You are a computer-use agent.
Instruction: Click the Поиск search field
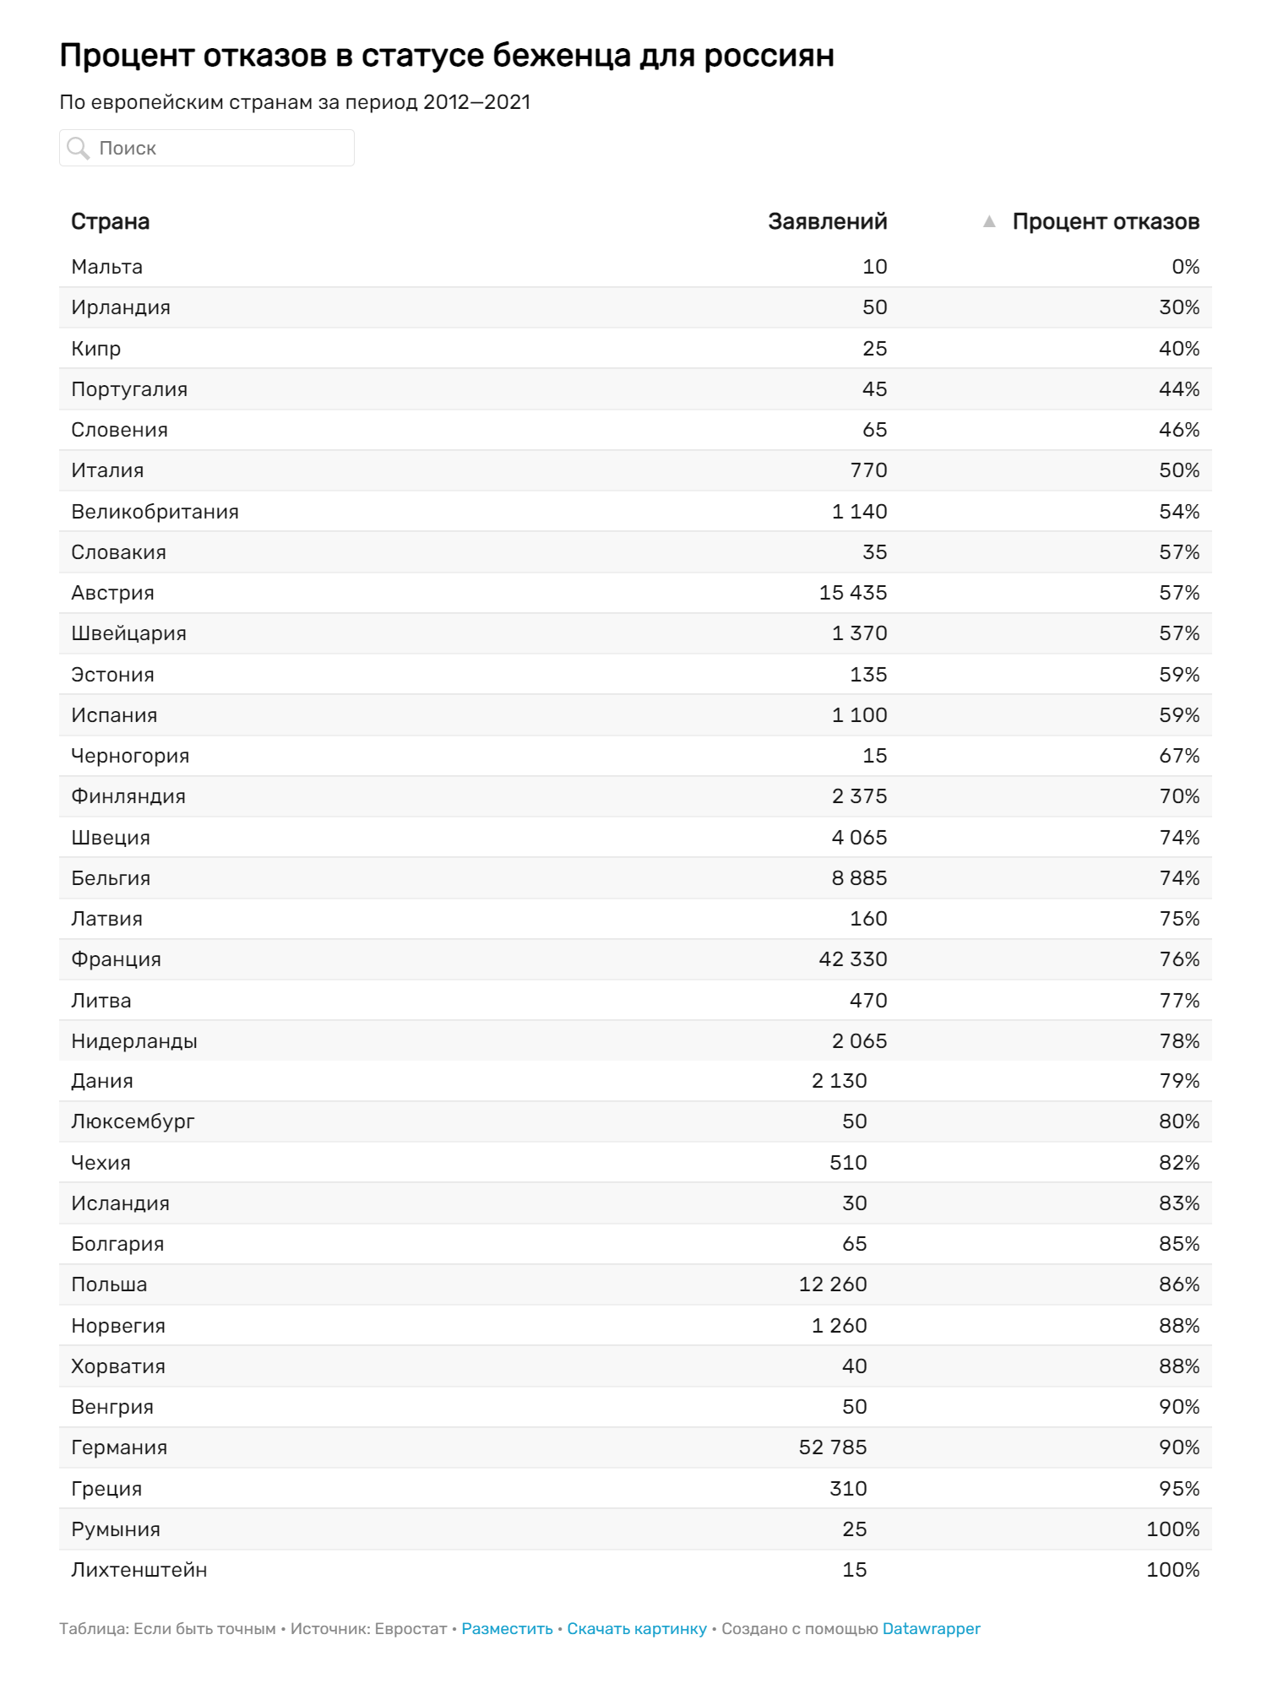click(220, 148)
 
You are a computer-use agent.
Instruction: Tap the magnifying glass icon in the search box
click(79, 149)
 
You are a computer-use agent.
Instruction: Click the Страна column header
click(110, 221)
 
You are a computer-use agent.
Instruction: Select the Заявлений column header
click(827, 221)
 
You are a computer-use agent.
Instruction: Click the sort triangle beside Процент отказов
click(989, 221)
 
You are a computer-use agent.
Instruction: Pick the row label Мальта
click(106, 267)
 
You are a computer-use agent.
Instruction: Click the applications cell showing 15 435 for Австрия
click(852, 593)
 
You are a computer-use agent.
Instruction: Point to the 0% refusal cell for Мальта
click(1185, 267)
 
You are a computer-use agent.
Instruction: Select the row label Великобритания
click(155, 512)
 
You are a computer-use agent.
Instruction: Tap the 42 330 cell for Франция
click(852, 959)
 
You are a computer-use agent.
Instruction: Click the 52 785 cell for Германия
click(832, 1447)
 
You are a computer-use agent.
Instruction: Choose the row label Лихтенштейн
click(139, 1570)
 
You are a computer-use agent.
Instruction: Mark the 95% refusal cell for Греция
click(1178, 1489)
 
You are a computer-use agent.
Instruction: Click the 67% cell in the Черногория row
click(1178, 756)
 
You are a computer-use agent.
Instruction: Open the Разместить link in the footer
click(507, 1629)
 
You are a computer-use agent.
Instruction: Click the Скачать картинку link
click(636, 1629)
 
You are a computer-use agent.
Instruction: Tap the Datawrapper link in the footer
click(931, 1629)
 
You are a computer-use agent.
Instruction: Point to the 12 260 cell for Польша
click(832, 1284)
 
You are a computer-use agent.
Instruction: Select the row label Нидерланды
click(133, 1041)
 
